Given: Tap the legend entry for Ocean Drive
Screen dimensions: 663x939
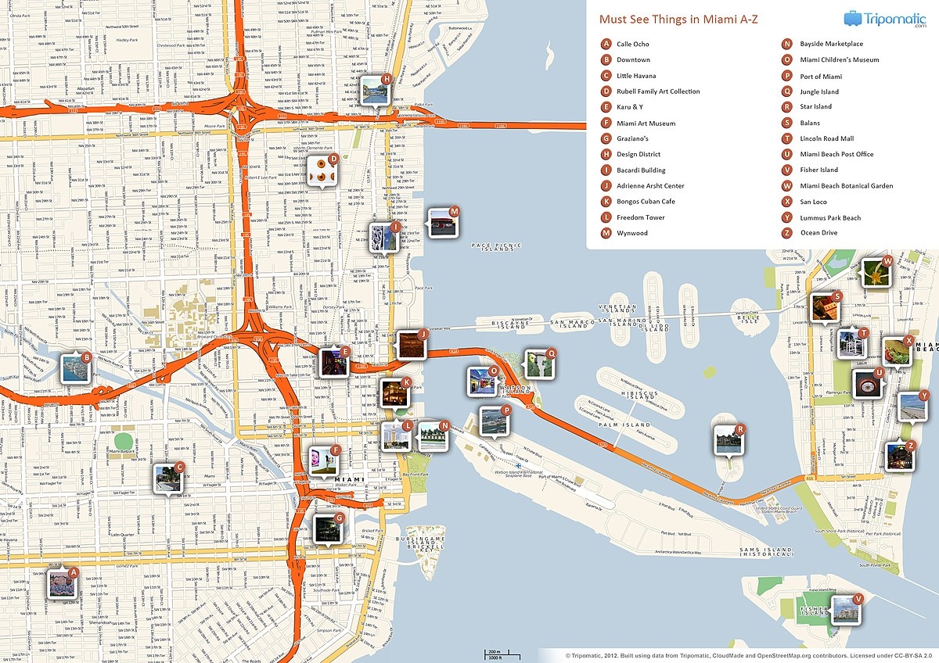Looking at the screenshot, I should [x=818, y=233].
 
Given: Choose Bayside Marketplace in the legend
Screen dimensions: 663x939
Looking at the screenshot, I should [x=831, y=45].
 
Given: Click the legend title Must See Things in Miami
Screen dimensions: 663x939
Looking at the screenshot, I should [x=678, y=19].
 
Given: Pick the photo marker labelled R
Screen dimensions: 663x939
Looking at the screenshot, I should [x=728, y=440].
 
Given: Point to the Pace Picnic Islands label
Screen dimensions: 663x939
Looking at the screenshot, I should [x=493, y=246].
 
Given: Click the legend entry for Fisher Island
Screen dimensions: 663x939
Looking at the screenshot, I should [x=818, y=170].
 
